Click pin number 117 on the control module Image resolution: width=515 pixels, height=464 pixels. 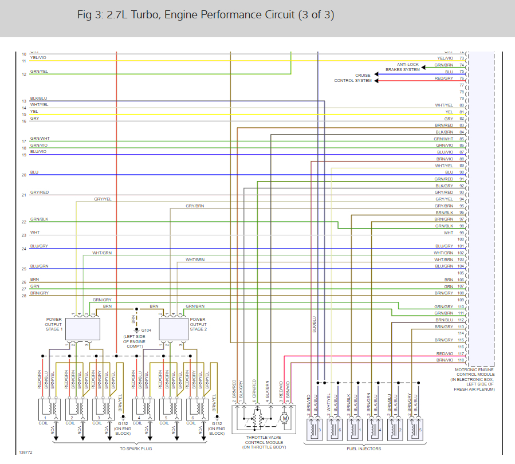tap(461, 353)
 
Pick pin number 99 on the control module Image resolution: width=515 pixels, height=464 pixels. tap(461, 233)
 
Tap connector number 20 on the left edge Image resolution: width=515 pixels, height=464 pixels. tap(24, 175)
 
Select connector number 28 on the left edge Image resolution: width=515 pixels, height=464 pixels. tap(24, 296)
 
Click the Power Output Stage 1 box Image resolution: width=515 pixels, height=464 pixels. tap(82, 329)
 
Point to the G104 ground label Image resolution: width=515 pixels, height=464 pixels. tap(146, 331)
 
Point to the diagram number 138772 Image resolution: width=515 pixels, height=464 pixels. tap(25, 452)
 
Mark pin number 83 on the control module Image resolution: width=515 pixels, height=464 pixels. tap(461, 125)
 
